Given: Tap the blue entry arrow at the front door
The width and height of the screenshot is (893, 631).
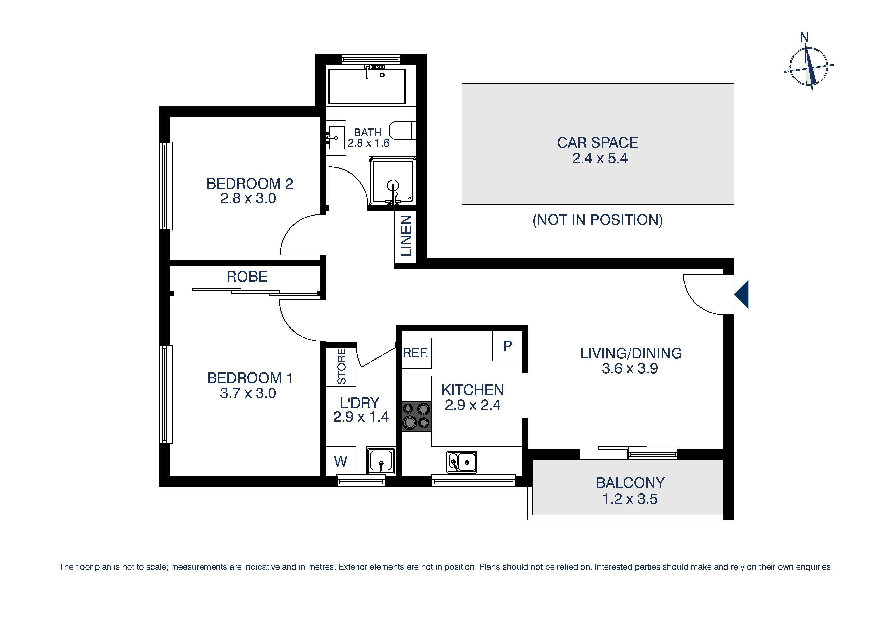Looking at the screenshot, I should pos(742,294).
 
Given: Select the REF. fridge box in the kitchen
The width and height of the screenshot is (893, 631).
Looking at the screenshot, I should pos(416,353).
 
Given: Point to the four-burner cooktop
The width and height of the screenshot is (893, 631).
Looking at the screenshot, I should pos(416,417).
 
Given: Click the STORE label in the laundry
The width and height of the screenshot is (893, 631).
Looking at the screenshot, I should pos(341,366).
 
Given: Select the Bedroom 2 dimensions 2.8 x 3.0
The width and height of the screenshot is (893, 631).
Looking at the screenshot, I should pos(248,198).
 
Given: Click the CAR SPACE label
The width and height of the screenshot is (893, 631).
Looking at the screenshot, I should pos(597,143).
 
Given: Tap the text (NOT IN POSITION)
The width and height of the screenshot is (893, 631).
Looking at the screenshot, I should pos(597,220).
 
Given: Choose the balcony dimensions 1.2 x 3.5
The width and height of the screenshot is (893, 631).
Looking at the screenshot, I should pos(630,499).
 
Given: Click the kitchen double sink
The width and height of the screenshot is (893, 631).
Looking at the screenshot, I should pos(462,462).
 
